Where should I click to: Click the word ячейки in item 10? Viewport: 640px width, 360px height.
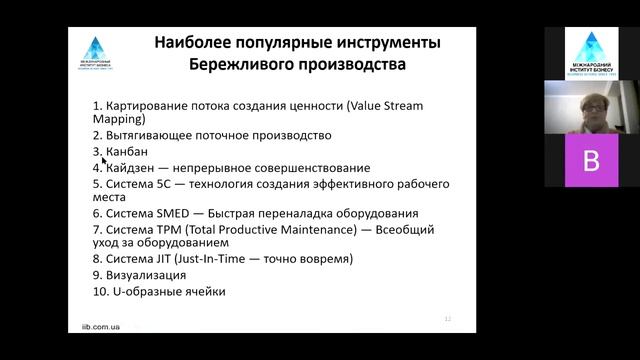[x=203, y=291]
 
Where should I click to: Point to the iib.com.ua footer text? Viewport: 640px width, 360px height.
[x=103, y=326]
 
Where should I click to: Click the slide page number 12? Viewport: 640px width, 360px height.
[x=448, y=318]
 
